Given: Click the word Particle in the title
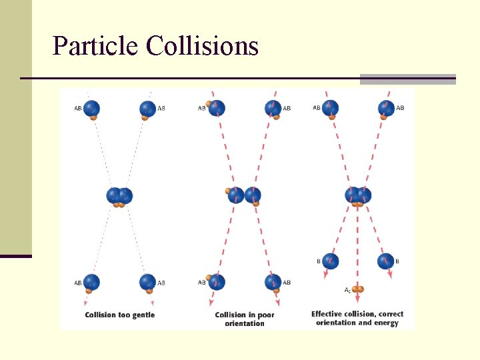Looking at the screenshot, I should tap(96, 46).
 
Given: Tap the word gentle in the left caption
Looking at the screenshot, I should tap(143, 315).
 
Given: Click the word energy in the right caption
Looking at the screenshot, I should tap(386, 323).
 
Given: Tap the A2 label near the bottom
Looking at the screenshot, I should tap(347, 290).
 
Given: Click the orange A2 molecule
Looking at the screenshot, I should tap(359, 289).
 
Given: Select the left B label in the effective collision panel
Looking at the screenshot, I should tap(319, 261).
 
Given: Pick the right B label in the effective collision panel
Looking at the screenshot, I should tap(397, 261).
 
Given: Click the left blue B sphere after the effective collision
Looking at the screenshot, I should tap(331, 261).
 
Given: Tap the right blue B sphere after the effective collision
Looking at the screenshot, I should tap(385, 261).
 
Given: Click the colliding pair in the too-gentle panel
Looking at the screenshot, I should tap(119, 197).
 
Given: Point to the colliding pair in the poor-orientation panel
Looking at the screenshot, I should tap(243, 196).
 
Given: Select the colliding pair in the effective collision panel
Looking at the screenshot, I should tap(358, 196).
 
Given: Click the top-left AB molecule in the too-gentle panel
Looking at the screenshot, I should tap(92, 109).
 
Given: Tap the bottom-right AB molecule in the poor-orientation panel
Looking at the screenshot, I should tap(273, 283).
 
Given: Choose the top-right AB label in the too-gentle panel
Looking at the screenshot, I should tap(161, 108).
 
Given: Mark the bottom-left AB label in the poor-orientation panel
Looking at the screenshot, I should tap(202, 283).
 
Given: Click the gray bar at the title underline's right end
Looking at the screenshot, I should tap(407, 79).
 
